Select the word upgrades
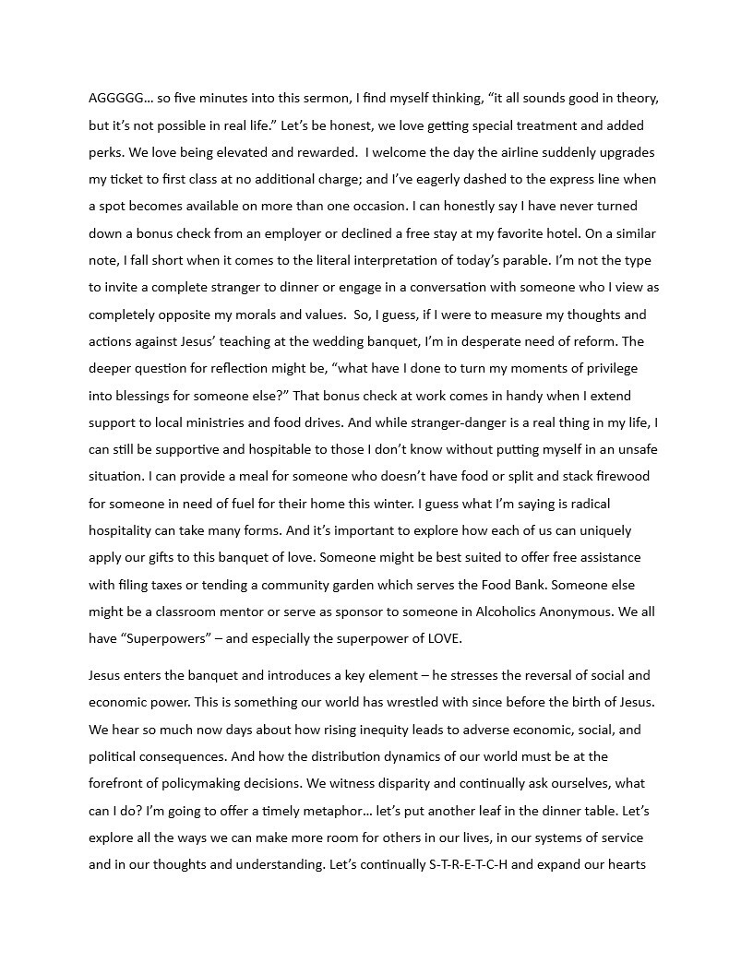(625, 152)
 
